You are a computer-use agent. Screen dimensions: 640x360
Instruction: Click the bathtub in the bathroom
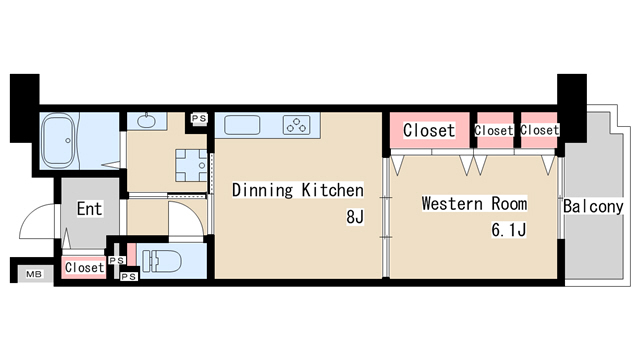60,140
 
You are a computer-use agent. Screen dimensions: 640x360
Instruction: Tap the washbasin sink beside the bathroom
146,121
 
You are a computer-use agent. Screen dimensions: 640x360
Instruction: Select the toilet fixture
162,260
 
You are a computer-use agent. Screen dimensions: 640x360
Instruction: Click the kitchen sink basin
242,125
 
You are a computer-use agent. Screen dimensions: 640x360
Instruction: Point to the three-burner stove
297,125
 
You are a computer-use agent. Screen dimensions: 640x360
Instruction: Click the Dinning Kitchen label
298,190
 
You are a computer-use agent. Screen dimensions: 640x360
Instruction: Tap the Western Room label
474,203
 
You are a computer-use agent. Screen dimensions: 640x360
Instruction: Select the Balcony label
593,206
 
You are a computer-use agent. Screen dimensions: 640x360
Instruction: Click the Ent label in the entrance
89,209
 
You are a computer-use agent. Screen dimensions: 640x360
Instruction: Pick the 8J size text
355,217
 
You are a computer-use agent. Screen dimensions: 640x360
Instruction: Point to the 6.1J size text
509,230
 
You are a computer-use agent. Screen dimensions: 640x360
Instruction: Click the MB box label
34,274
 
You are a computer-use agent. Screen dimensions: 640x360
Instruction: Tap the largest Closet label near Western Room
429,130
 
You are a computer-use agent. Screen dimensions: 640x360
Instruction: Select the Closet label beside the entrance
84,267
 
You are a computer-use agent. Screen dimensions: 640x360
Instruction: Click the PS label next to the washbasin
199,118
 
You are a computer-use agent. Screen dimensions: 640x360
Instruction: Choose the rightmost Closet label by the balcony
540,130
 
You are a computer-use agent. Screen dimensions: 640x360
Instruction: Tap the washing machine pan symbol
191,165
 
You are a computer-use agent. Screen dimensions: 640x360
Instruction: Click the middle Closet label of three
494,131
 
